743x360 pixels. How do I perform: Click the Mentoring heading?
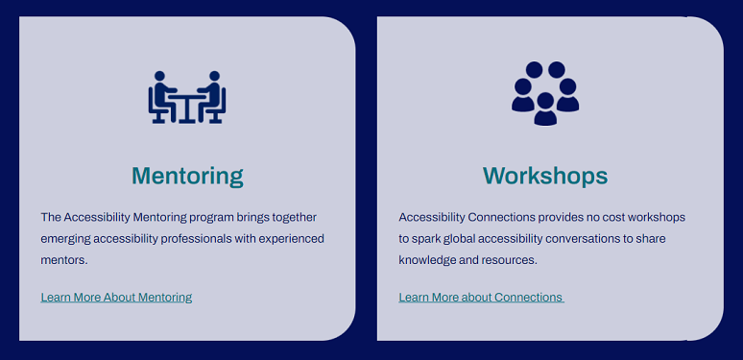(x=187, y=176)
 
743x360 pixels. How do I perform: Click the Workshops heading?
(x=544, y=176)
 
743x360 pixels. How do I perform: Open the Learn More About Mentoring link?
(x=116, y=298)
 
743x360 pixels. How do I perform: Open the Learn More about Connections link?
(x=481, y=298)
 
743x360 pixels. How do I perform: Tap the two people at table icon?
(x=187, y=97)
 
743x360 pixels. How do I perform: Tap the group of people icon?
(x=545, y=93)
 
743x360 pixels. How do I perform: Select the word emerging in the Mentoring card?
(x=67, y=239)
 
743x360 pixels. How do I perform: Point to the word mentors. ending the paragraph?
(x=64, y=260)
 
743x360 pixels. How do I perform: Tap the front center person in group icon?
(x=545, y=109)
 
